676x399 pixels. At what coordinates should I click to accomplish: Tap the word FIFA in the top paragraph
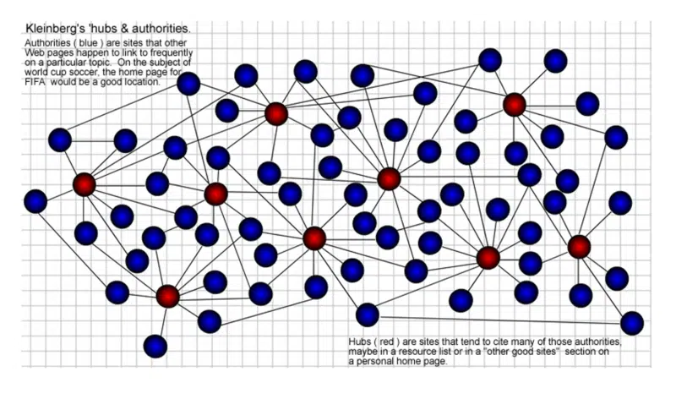point(37,82)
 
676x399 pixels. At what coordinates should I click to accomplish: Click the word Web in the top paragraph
point(36,53)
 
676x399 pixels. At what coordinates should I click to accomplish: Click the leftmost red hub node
point(84,184)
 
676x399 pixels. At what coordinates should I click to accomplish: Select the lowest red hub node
point(168,296)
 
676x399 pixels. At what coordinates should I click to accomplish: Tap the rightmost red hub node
point(579,247)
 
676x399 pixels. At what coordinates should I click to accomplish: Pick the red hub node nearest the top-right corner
point(515,105)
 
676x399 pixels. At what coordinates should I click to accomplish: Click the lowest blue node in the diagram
point(155,346)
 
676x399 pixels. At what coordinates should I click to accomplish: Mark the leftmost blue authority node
point(35,201)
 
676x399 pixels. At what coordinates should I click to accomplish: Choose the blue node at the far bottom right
point(631,323)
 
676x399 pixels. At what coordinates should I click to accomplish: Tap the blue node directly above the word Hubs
point(367,315)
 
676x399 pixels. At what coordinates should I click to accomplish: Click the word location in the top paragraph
point(139,82)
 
